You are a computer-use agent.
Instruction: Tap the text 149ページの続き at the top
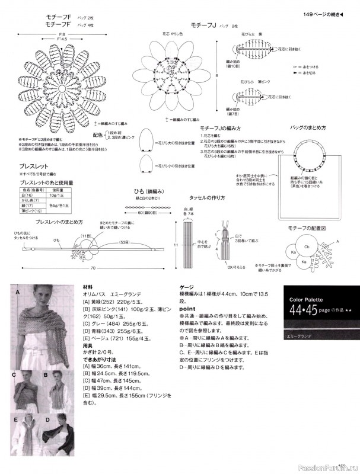point(323,14)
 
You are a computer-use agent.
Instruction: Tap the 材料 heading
point(87,286)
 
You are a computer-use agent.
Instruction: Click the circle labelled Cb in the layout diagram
point(307,246)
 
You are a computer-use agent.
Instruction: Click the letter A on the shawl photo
point(18,293)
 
